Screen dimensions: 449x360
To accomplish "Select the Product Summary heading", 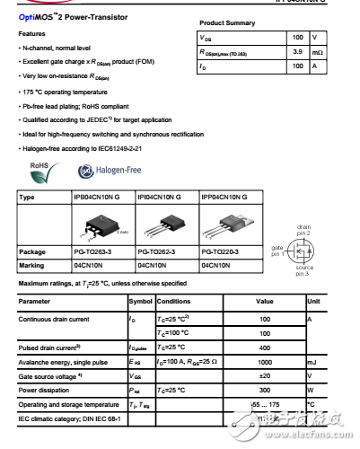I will pos(229,22).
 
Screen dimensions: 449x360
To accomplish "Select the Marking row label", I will pos(34,266).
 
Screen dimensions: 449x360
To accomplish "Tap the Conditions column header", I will pos(173,301).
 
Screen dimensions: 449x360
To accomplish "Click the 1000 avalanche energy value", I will pos(264,364).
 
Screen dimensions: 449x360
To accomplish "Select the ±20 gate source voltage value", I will pos(264,377).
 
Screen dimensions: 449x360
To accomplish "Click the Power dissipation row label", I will pos(47,392).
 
